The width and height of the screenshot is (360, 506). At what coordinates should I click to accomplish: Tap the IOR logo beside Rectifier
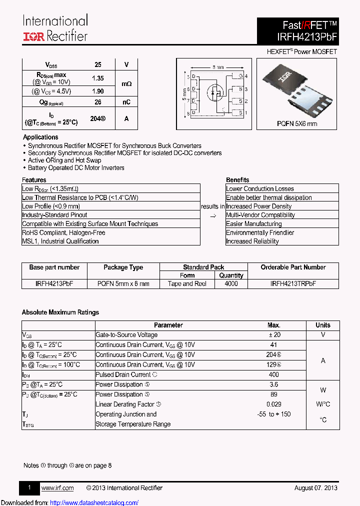pos(33,36)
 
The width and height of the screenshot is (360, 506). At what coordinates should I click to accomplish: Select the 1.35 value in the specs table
pos(98,78)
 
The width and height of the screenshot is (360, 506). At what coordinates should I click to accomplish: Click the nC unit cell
pos(127,102)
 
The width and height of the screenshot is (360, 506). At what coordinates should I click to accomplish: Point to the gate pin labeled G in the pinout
pos(240,76)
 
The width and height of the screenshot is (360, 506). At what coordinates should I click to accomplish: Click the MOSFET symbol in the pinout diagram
pos(216,93)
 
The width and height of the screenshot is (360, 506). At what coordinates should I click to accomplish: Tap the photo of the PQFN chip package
pos(297,89)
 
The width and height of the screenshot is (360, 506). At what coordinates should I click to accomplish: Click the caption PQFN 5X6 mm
pos(297,123)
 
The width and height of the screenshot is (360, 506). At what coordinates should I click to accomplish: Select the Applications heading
pos(40,137)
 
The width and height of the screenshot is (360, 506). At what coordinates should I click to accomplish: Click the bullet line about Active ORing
pos(64,160)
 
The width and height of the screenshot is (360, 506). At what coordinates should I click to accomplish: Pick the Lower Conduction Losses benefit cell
pos(260,188)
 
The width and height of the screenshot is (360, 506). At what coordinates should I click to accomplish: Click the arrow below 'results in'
pos(213,215)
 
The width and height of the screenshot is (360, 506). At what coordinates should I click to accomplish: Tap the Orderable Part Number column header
pos(293,267)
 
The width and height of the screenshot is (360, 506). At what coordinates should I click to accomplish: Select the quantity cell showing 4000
pos(231,283)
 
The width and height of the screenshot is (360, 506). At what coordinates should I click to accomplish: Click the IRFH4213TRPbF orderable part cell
pos(293,283)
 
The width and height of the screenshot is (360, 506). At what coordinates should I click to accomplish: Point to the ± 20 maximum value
pos(274,335)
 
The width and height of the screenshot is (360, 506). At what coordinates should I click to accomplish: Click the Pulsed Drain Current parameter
pos(123,374)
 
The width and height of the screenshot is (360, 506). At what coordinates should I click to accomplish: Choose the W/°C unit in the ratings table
pos(323,404)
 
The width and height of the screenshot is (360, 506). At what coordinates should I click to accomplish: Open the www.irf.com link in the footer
pos(57,488)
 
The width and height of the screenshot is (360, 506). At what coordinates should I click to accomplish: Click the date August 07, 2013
pos(315,488)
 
